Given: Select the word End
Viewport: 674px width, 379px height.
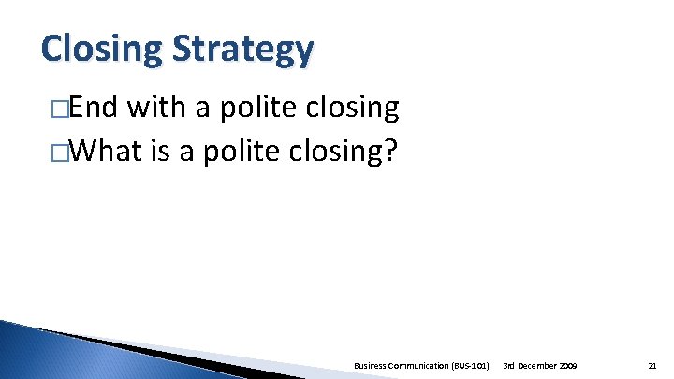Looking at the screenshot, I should point(93,109).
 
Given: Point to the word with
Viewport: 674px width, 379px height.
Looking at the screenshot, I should point(157,109).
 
